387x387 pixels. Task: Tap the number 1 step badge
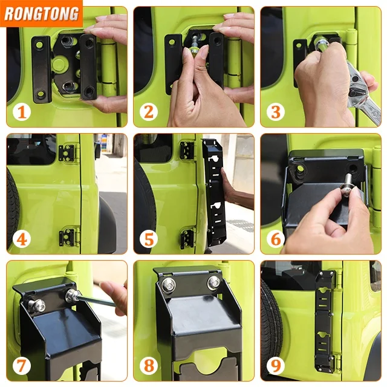(22, 112)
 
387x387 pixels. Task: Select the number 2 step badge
(149, 112)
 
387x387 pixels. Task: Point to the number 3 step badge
(276, 112)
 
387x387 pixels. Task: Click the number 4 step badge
(22, 239)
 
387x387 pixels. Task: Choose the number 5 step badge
(149, 239)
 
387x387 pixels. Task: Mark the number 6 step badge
(276, 239)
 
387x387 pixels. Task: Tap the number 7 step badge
(22, 366)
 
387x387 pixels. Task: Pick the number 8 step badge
(149, 366)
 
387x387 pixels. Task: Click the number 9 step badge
(276, 366)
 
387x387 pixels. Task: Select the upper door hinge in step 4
(66, 153)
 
